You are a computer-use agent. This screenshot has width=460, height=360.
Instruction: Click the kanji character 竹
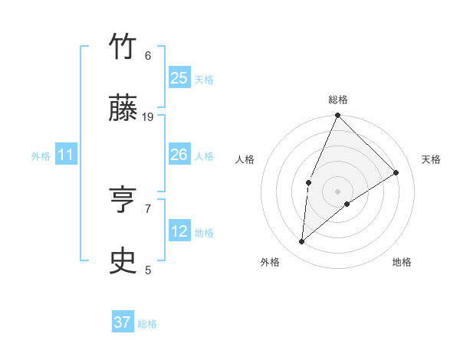point(123,47)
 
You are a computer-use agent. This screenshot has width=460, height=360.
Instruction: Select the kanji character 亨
point(123,201)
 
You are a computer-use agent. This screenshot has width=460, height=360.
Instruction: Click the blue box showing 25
point(179,77)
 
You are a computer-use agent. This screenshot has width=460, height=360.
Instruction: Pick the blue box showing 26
point(179,155)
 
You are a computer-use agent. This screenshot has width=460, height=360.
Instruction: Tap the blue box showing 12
point(179,231)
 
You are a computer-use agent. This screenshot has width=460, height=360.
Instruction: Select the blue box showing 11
point(65,155)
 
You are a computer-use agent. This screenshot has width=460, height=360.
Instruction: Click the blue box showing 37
point(122,322)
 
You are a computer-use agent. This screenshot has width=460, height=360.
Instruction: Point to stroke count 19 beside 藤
point(148,116)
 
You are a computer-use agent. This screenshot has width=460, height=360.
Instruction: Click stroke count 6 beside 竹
point(148,55)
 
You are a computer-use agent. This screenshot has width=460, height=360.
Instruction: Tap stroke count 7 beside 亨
point(148,208)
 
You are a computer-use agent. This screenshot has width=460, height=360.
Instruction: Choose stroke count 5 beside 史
point(148,270)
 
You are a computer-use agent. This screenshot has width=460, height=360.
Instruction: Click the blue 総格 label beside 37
point(147,324)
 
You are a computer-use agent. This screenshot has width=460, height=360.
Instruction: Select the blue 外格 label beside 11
point(41,156)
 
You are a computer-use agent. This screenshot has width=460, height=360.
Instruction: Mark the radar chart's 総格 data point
point(337,116)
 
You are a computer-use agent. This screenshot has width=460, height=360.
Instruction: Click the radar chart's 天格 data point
point(396,172)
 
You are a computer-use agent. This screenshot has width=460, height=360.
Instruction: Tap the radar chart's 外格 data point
point(302,242)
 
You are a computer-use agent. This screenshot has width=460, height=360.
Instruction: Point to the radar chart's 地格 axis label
point(402,262)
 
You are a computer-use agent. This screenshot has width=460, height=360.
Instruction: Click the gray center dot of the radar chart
point(337,191)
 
